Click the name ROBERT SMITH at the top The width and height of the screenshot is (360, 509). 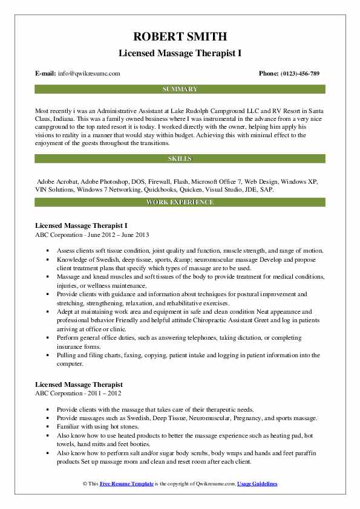tap(180, 37)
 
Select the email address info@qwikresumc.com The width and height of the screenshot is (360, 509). tap(89, 73)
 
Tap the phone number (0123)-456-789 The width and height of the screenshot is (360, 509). tap(300, 73)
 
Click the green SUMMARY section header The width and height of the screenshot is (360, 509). tap(180, 89)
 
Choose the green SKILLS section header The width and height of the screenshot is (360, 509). tap(180, 158)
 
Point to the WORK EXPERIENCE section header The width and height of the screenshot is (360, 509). tap(180, 202)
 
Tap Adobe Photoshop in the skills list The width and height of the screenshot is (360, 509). tap(102, 181)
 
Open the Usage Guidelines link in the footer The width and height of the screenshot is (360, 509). tap(257, 484)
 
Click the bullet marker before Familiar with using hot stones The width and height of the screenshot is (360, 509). tap(48, 426)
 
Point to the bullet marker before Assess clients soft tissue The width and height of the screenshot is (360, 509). tap(48, 250)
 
